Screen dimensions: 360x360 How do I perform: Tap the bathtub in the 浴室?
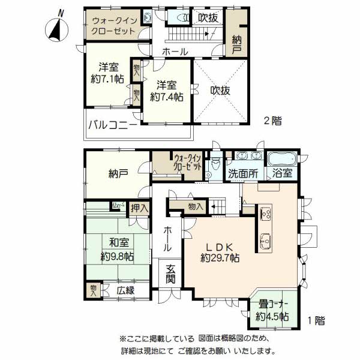coord(282,158)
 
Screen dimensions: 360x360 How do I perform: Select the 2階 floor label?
coord(273,121)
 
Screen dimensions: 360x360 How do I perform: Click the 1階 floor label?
coord(316,320)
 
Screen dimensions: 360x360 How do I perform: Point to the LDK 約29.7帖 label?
coord(220,253)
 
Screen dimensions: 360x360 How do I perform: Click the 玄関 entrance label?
coord(170,274)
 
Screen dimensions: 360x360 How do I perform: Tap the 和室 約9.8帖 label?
coord(118,250)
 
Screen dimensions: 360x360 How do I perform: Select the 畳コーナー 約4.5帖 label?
coord(272,310)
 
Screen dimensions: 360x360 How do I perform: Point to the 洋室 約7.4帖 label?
coord(167,91)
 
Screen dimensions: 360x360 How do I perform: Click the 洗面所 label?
coord(243,173)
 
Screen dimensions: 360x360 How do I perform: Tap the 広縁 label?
coord(125,290)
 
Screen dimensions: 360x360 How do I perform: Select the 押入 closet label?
coord(140,208)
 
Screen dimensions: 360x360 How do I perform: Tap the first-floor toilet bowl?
coord(215,164)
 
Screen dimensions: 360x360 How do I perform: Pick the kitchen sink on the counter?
coord(266,241)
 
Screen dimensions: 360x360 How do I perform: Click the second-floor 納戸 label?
coord(236,45)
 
